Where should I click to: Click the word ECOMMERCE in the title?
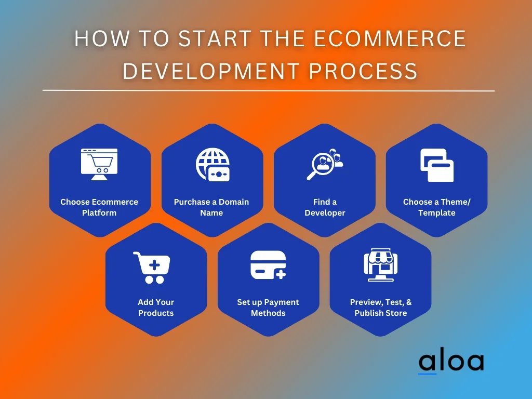(390, 38)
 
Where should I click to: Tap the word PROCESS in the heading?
(363, 71)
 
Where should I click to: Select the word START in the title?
(215, 38)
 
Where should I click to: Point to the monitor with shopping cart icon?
(99, 164)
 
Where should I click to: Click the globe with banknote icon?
(212, 165)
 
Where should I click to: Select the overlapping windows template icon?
(437, 165)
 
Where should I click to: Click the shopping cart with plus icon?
(152, 268)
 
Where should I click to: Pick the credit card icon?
(268, 265)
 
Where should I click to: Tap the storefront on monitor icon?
(381, 264)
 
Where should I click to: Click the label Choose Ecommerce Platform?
(99, 207)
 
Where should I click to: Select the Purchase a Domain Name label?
(211, 207)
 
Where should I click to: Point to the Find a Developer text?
(325, 207)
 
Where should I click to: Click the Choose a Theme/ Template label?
(436, 207)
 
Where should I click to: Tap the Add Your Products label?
(156, 308)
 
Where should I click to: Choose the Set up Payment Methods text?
(268, 308)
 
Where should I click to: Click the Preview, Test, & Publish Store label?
(381, 308)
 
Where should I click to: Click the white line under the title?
(269, 90)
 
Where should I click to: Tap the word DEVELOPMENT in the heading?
(211, 71)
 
